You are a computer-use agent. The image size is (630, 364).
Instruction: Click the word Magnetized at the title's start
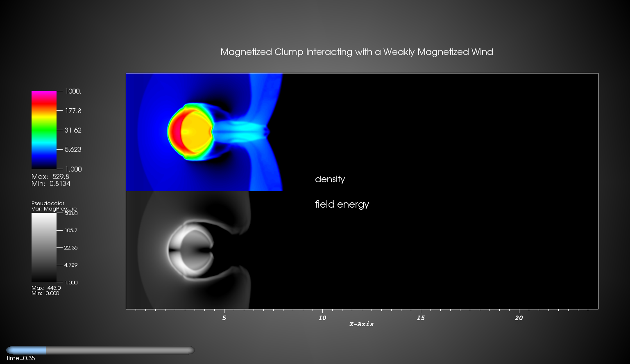pyautogui.click(x=246, y=52)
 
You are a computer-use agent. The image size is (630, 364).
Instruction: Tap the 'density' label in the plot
pyautogui.click(x=330, y=179)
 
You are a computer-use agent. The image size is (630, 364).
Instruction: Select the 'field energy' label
pyautogui.click(x=342, y=204)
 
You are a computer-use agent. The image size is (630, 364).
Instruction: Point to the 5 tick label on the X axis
pyautogui.click(x=224, y=318)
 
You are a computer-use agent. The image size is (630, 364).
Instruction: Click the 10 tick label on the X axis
pyautogui.click(x=322, y=318)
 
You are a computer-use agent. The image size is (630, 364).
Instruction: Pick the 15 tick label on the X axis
pyautogui.click(x=421, y=318)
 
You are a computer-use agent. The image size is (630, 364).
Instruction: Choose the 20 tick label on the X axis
pyautogui.click(x=519, y=318)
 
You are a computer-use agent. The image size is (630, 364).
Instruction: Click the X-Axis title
pyautogui.click(x=361, y=324)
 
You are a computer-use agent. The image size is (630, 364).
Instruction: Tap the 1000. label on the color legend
pyautogui.click(x=73, y=91)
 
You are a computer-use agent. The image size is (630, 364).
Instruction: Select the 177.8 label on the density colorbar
pyautogui.click(x=73, y=111)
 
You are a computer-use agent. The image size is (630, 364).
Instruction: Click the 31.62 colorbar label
pyautogui.click(x=73, y=130)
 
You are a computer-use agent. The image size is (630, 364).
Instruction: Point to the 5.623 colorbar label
pyautogui.click(x=73, y=149)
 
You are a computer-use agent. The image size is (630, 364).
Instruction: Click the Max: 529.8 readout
pyautogui.click(x=50, y=176)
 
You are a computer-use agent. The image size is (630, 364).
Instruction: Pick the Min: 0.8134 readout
pyautogui.click(x=51, y=184)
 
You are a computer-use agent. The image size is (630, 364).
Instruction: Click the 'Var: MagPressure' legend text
pyautogui.click(x=54, y=209)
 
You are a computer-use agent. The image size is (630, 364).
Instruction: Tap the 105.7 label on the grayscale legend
pyautogui.click(x=71, y=231)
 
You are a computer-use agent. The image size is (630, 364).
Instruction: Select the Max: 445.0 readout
pyautogui.click(x=46, y=288)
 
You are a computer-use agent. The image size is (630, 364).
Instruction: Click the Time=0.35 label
pyautogui.click(x=20, y=358)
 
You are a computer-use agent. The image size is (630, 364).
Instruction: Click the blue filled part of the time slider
pyautogui.click(x=27, y=350)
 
